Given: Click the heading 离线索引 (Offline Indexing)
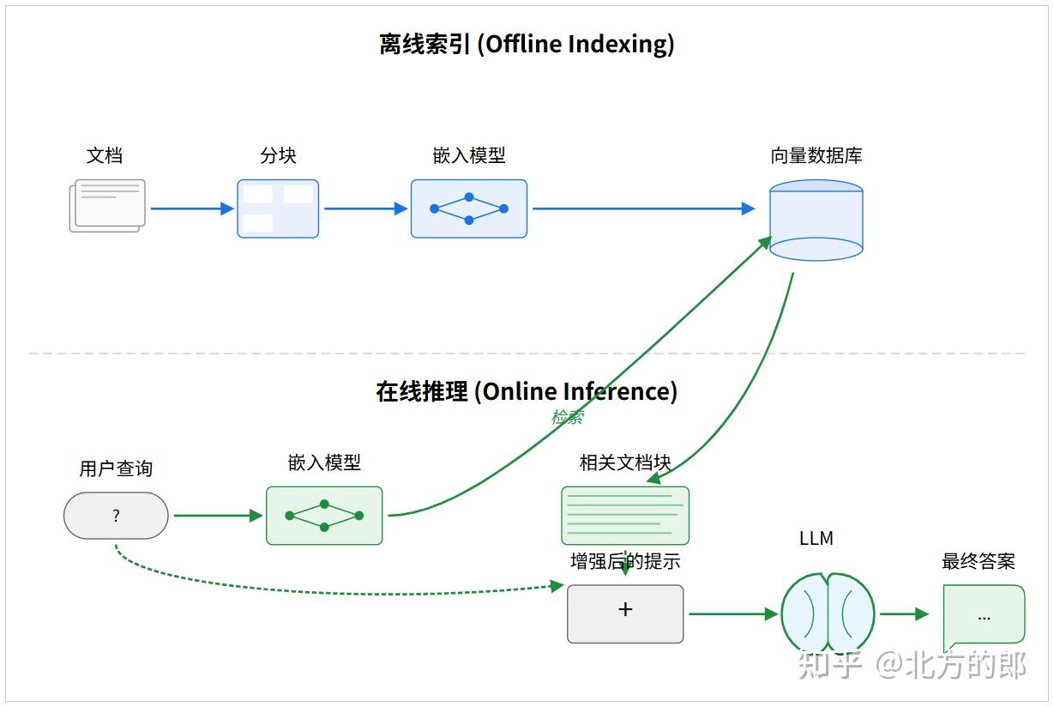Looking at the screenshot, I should (x=527, y=45).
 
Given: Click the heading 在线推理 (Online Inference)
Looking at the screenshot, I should (x=527, y=391).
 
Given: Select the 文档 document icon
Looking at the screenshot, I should (x=107, y=205).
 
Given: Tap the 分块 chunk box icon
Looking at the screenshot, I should (x=278, y=208).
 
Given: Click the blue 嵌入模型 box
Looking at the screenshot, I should (x=468, y=208).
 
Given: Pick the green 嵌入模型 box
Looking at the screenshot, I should (x=324, y=516).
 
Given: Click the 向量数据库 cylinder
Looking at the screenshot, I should (x=816, y=220).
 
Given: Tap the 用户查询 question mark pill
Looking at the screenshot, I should (x=116, y=516).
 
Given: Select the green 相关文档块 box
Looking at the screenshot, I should (x=625, y=515).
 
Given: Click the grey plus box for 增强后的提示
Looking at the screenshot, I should (x=625, y=613).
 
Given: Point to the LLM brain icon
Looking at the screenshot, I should (x=828, y=613).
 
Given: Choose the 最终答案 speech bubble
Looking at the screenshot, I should (x=983, y=615).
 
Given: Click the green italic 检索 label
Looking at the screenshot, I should (x=567, y=417).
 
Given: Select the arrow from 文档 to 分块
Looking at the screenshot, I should (x=191, y=208).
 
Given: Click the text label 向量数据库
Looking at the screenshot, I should (x=816, y=156).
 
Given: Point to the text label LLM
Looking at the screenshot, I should (x=816, y=539).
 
